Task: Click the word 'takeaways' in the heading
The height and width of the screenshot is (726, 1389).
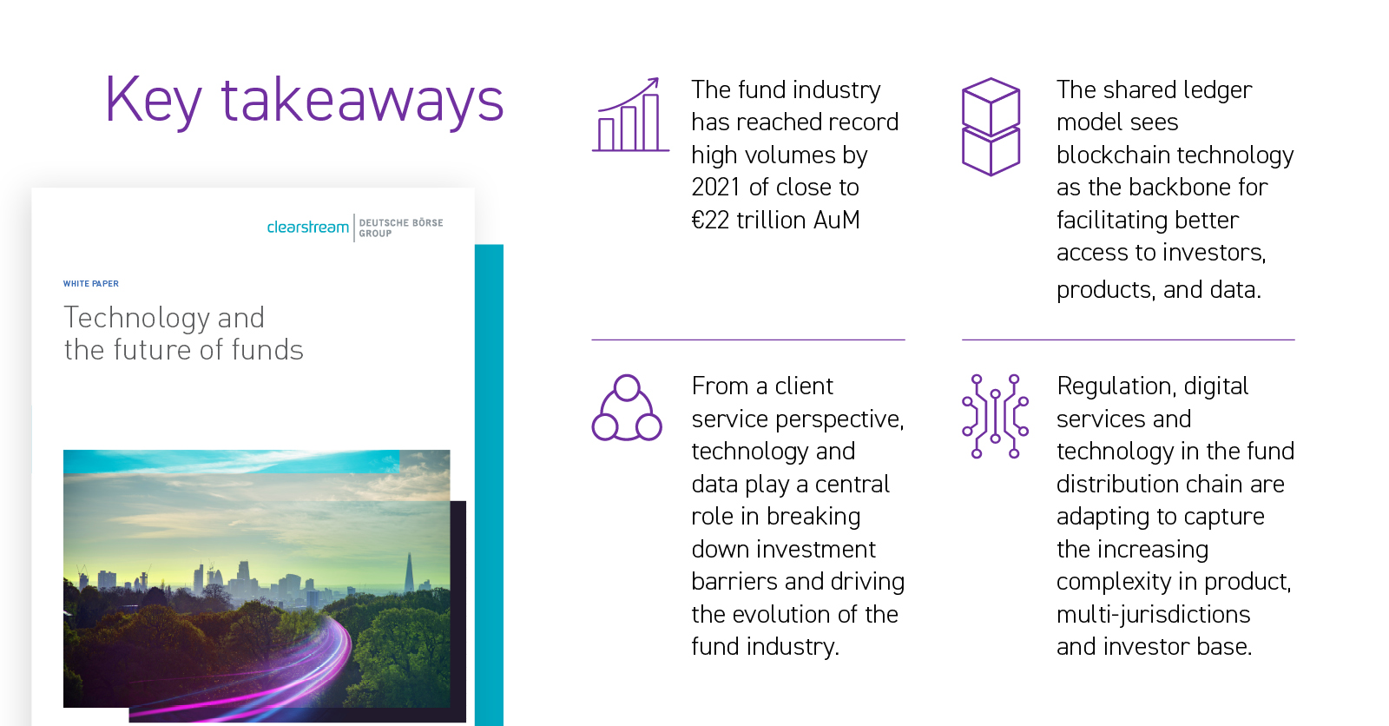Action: (x=362, y=99)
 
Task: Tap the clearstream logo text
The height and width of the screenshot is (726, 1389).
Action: (x=307, y=228)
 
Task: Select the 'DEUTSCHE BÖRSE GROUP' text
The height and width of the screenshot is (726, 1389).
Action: (x=400, y=228)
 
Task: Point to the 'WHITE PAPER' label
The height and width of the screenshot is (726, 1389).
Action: (x=90, y=284)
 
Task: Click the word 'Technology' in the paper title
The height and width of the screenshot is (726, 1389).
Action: (x=136, y=319)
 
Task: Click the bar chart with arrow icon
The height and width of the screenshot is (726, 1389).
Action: (x=630, y=115)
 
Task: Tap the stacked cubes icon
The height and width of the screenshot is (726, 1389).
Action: (x=991, y=127)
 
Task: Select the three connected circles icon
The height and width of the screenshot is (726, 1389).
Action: (x=627, y=408)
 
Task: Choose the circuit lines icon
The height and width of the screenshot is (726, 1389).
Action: (x=995, y=416)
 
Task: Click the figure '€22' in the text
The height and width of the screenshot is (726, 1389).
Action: (x=710, y=221)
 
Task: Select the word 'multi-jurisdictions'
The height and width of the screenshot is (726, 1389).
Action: (x=1154, y=615)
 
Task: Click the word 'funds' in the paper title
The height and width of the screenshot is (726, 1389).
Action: (x=267, y=350)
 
